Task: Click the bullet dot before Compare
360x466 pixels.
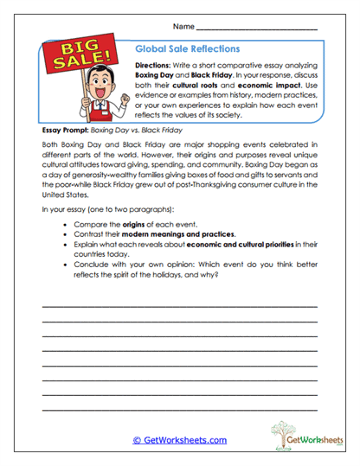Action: [x=67, y=223]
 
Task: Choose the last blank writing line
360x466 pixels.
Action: [x=179, y=410]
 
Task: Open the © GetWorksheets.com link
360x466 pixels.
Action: [x=179, y=440]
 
